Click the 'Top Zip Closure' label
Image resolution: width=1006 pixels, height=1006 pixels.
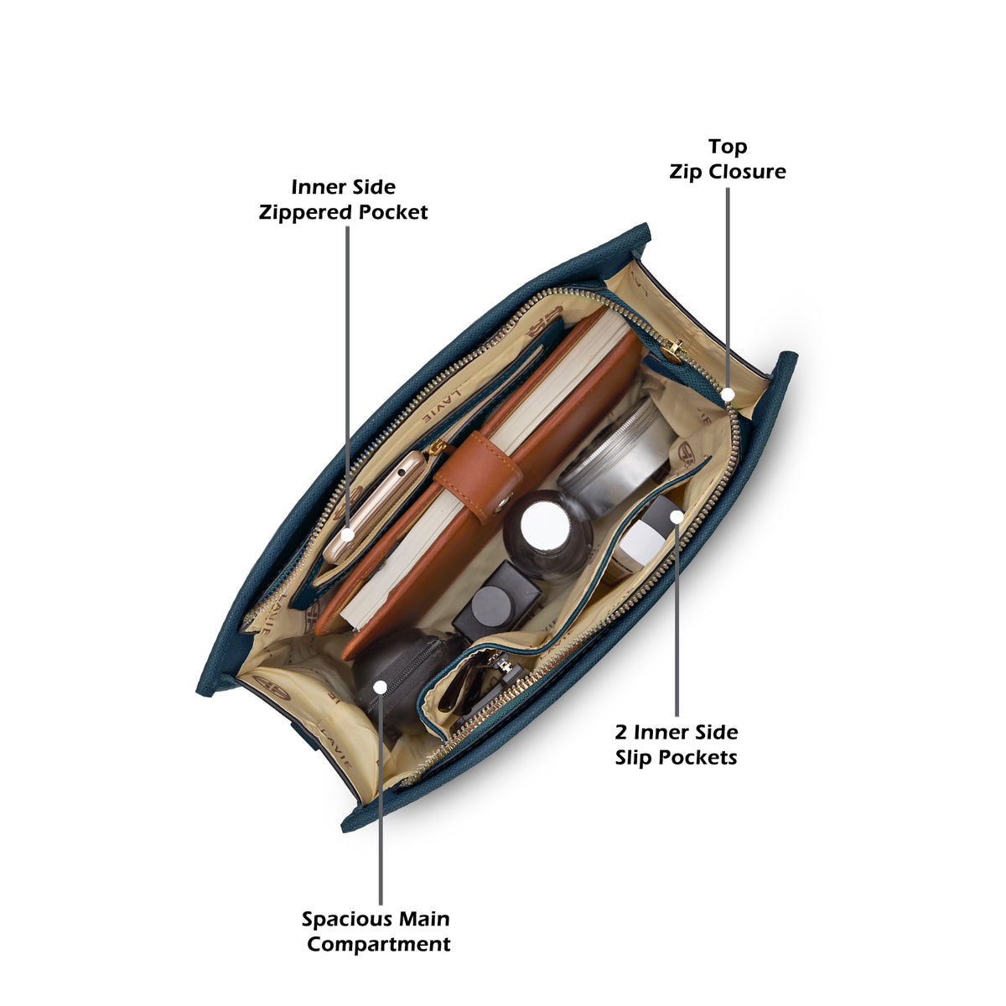(727, 159)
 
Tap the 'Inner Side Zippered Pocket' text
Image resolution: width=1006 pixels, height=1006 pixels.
(343, 200)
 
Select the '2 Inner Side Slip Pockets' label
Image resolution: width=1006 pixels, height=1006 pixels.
(676, 744)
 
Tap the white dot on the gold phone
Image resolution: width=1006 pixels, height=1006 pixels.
(347, 535)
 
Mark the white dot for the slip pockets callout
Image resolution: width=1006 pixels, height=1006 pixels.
(677, 517)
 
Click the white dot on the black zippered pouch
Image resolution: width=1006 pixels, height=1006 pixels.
(381, 687)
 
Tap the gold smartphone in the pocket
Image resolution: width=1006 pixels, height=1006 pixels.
(375, 506)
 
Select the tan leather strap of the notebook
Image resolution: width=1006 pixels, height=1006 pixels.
(480, 475)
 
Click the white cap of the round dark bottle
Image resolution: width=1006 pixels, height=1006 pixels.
(545, 526)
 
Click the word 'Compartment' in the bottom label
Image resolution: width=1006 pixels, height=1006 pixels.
(379, 944)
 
